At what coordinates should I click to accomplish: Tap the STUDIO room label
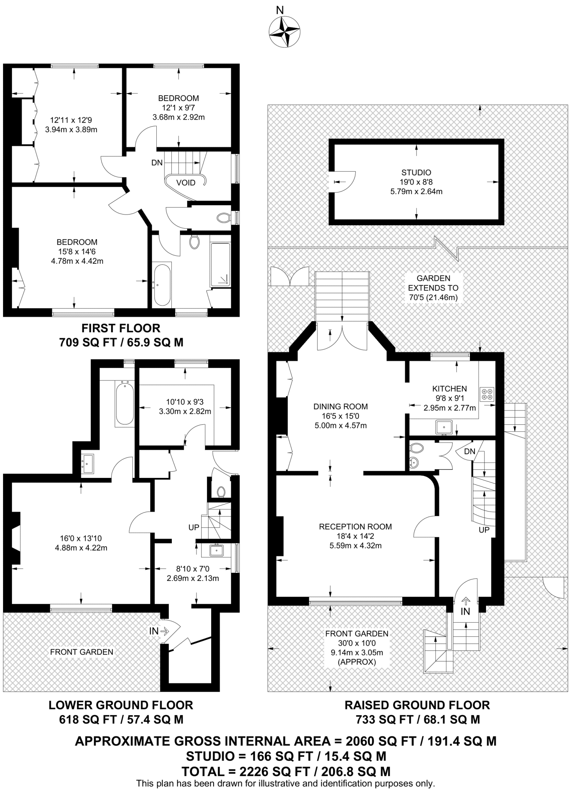[416, 172]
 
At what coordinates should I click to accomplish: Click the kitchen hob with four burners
[487, 394]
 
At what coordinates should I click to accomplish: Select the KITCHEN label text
[449, 388]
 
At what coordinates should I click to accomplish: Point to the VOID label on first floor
[186, 182]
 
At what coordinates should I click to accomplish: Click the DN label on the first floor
[157, 163]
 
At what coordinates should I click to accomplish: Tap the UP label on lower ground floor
[194, 527]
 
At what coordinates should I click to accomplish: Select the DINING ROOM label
[340, 406]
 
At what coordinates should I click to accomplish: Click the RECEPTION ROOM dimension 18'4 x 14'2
[355, 536]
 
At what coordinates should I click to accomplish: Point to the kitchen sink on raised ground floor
[444, 427]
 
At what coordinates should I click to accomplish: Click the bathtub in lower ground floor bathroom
[124, 403]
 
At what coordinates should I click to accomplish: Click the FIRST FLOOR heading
[120, 328]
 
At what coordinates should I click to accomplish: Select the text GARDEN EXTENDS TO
[433, 283]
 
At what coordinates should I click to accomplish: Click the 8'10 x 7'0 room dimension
[193, 569]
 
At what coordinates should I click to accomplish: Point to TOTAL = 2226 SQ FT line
[286, 771]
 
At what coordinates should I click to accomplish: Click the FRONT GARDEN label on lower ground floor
[81, 652]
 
